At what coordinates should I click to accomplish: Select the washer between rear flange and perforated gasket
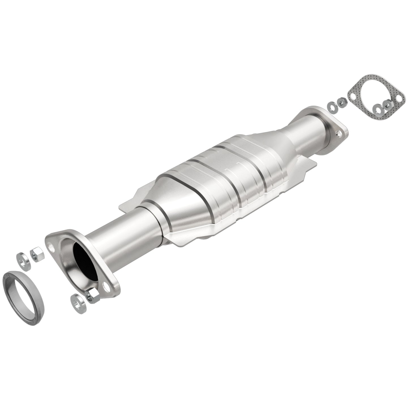[331, 106]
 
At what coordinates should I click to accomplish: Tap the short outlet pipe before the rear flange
[306, 133]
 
